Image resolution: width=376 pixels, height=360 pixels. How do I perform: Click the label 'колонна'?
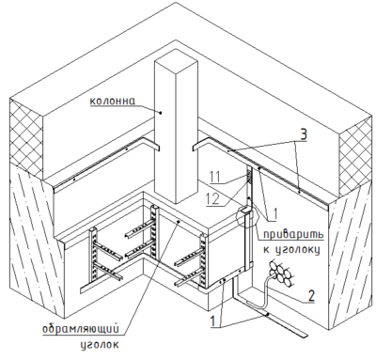coord(113,102)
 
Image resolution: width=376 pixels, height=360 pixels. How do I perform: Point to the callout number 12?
coord(213,199)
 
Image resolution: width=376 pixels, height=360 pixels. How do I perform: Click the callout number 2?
coord(310,296)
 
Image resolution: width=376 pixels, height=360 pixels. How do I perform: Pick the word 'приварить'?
coord(293,234)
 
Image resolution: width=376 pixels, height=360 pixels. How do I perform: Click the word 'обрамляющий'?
coord(81,329)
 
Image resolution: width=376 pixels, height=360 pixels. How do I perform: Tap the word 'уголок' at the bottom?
coord(100,345)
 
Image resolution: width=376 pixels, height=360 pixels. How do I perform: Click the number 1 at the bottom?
coord(212,321)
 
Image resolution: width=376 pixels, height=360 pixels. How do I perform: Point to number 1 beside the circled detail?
coord(274,214)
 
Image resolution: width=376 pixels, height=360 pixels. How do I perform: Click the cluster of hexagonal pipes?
coord(280,274)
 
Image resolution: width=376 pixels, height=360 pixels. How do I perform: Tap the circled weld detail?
coord(247,215)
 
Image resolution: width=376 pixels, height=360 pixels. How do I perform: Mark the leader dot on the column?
coord(161,112)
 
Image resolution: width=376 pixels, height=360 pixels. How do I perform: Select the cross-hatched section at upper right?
coord(357,161)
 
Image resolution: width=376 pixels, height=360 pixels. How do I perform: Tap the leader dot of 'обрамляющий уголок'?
coord(179,222)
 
